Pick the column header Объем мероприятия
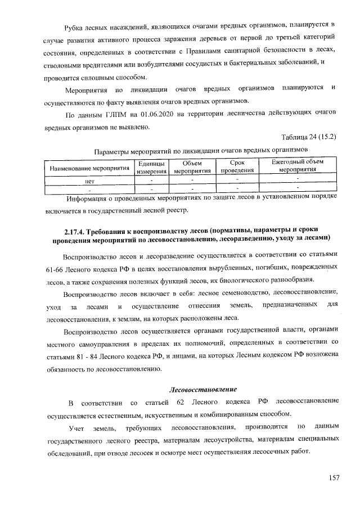[x=192, y=168]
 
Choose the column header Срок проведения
[x=237, y=166]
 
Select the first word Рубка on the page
[x=75, y=26]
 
